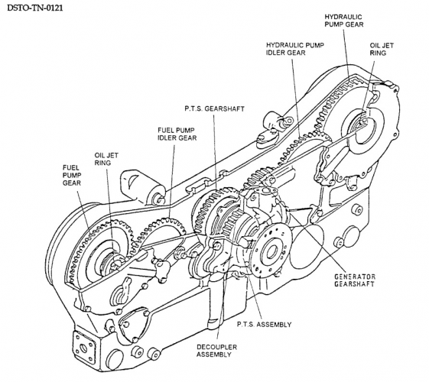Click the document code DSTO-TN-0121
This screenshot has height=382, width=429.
point(34,8)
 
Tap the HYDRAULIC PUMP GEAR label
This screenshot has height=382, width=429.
point(344,21)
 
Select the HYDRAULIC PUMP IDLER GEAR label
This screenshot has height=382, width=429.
point(295,49)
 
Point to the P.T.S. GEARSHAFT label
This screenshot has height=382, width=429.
point(214,108)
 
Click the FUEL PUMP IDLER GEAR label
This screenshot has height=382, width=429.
point(177,134)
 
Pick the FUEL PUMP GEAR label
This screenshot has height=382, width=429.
point(72,175)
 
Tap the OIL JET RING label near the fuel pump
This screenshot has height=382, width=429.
point(106,159)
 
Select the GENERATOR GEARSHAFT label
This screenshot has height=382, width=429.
point(355,280)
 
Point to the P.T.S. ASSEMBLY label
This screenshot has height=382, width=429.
point(264,325)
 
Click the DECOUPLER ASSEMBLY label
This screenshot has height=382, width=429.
point(216,351)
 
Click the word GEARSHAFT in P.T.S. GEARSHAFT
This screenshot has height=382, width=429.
point(225,108)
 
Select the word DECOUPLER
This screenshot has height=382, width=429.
point(216,348)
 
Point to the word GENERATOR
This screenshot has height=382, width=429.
point(355,277)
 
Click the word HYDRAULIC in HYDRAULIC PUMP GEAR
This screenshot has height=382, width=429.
point(343,17)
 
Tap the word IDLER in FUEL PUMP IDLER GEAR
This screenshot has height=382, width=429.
point(166,138)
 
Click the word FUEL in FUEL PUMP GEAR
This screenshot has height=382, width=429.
point(71,167)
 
